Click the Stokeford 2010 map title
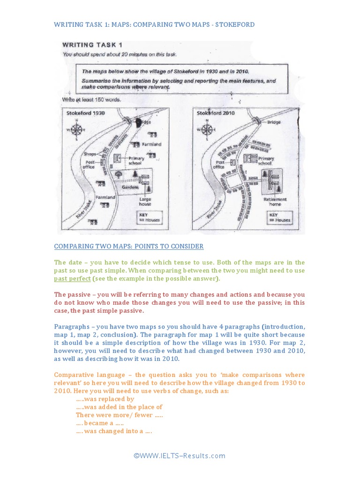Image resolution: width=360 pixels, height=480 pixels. click(x=216, y=113)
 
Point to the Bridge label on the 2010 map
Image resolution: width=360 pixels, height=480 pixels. click(x=274, y=122)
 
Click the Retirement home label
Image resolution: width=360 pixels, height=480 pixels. click(x=275, y=202)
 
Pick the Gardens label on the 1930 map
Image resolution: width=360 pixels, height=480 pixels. click(x=130, y=187)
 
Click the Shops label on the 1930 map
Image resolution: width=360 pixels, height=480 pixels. click(x=90, y=154)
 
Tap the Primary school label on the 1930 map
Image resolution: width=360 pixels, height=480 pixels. click(x=136, y=161)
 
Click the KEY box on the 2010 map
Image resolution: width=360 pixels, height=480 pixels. click(x=280, y=217)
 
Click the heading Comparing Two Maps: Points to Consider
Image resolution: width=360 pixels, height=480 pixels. click(x=129, y=246)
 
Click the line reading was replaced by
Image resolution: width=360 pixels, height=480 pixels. click(x=105, y=399)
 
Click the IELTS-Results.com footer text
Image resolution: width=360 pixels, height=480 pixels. click(x=180, y=456)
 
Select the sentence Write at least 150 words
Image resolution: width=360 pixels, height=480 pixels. click(x=91, y=100)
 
